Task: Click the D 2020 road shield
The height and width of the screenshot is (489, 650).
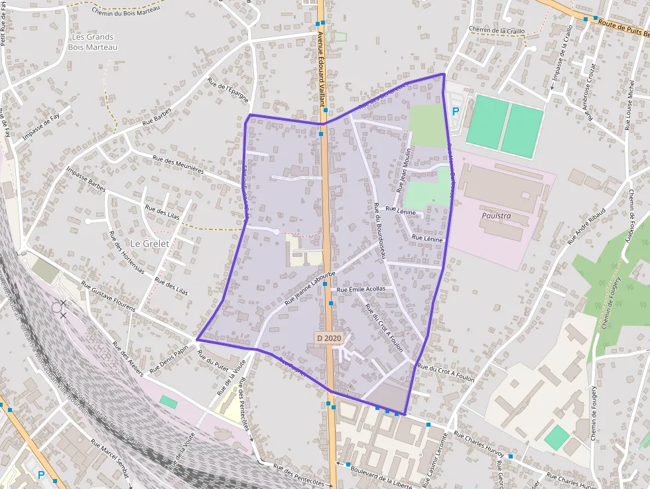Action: pos(329,338)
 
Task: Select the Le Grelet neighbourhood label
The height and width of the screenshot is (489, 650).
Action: pos(150,244)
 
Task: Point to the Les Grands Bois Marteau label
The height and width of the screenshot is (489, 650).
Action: pos(92,42)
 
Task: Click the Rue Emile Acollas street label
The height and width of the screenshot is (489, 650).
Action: pos(361,289)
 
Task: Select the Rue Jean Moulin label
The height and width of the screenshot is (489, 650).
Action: pos(404,170)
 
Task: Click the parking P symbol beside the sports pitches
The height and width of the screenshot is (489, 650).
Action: pos(456,112)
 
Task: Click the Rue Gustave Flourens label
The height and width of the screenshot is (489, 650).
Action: pos(108,296)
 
